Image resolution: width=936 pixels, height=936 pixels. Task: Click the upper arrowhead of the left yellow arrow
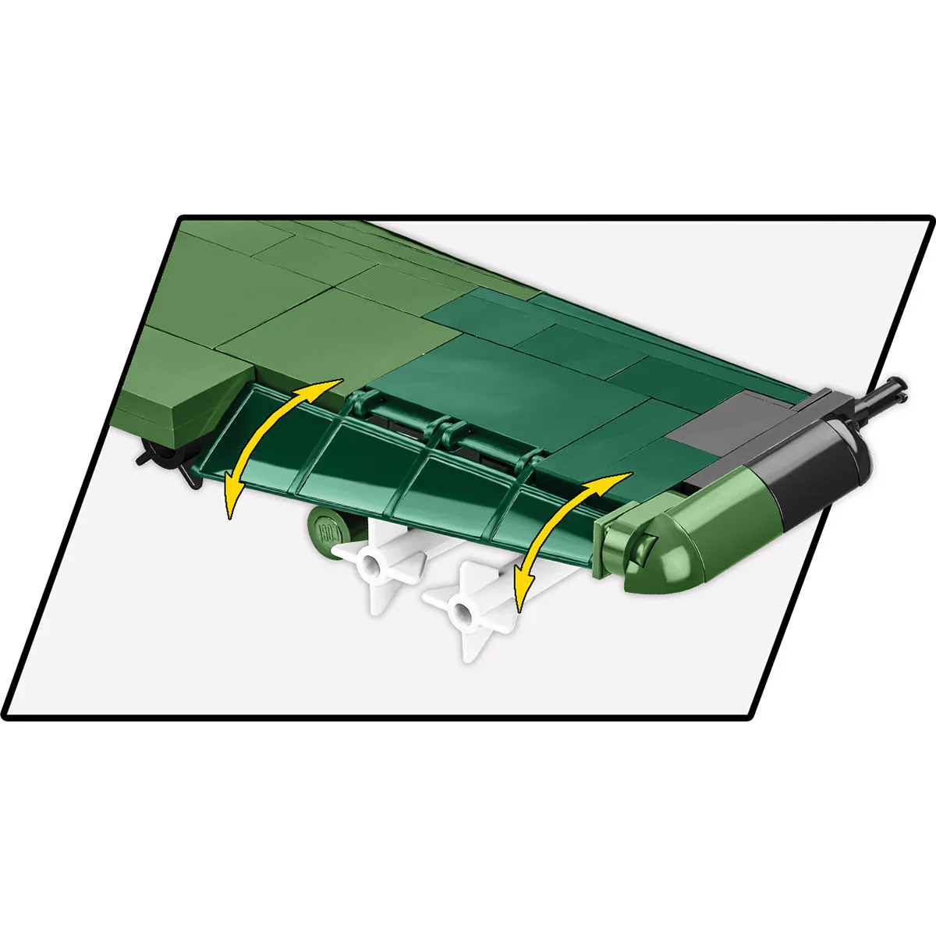pos(331,384)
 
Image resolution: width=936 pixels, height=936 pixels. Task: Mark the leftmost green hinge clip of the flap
pos(360,404)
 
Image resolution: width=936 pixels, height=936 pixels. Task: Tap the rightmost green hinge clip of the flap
pos(530,462)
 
